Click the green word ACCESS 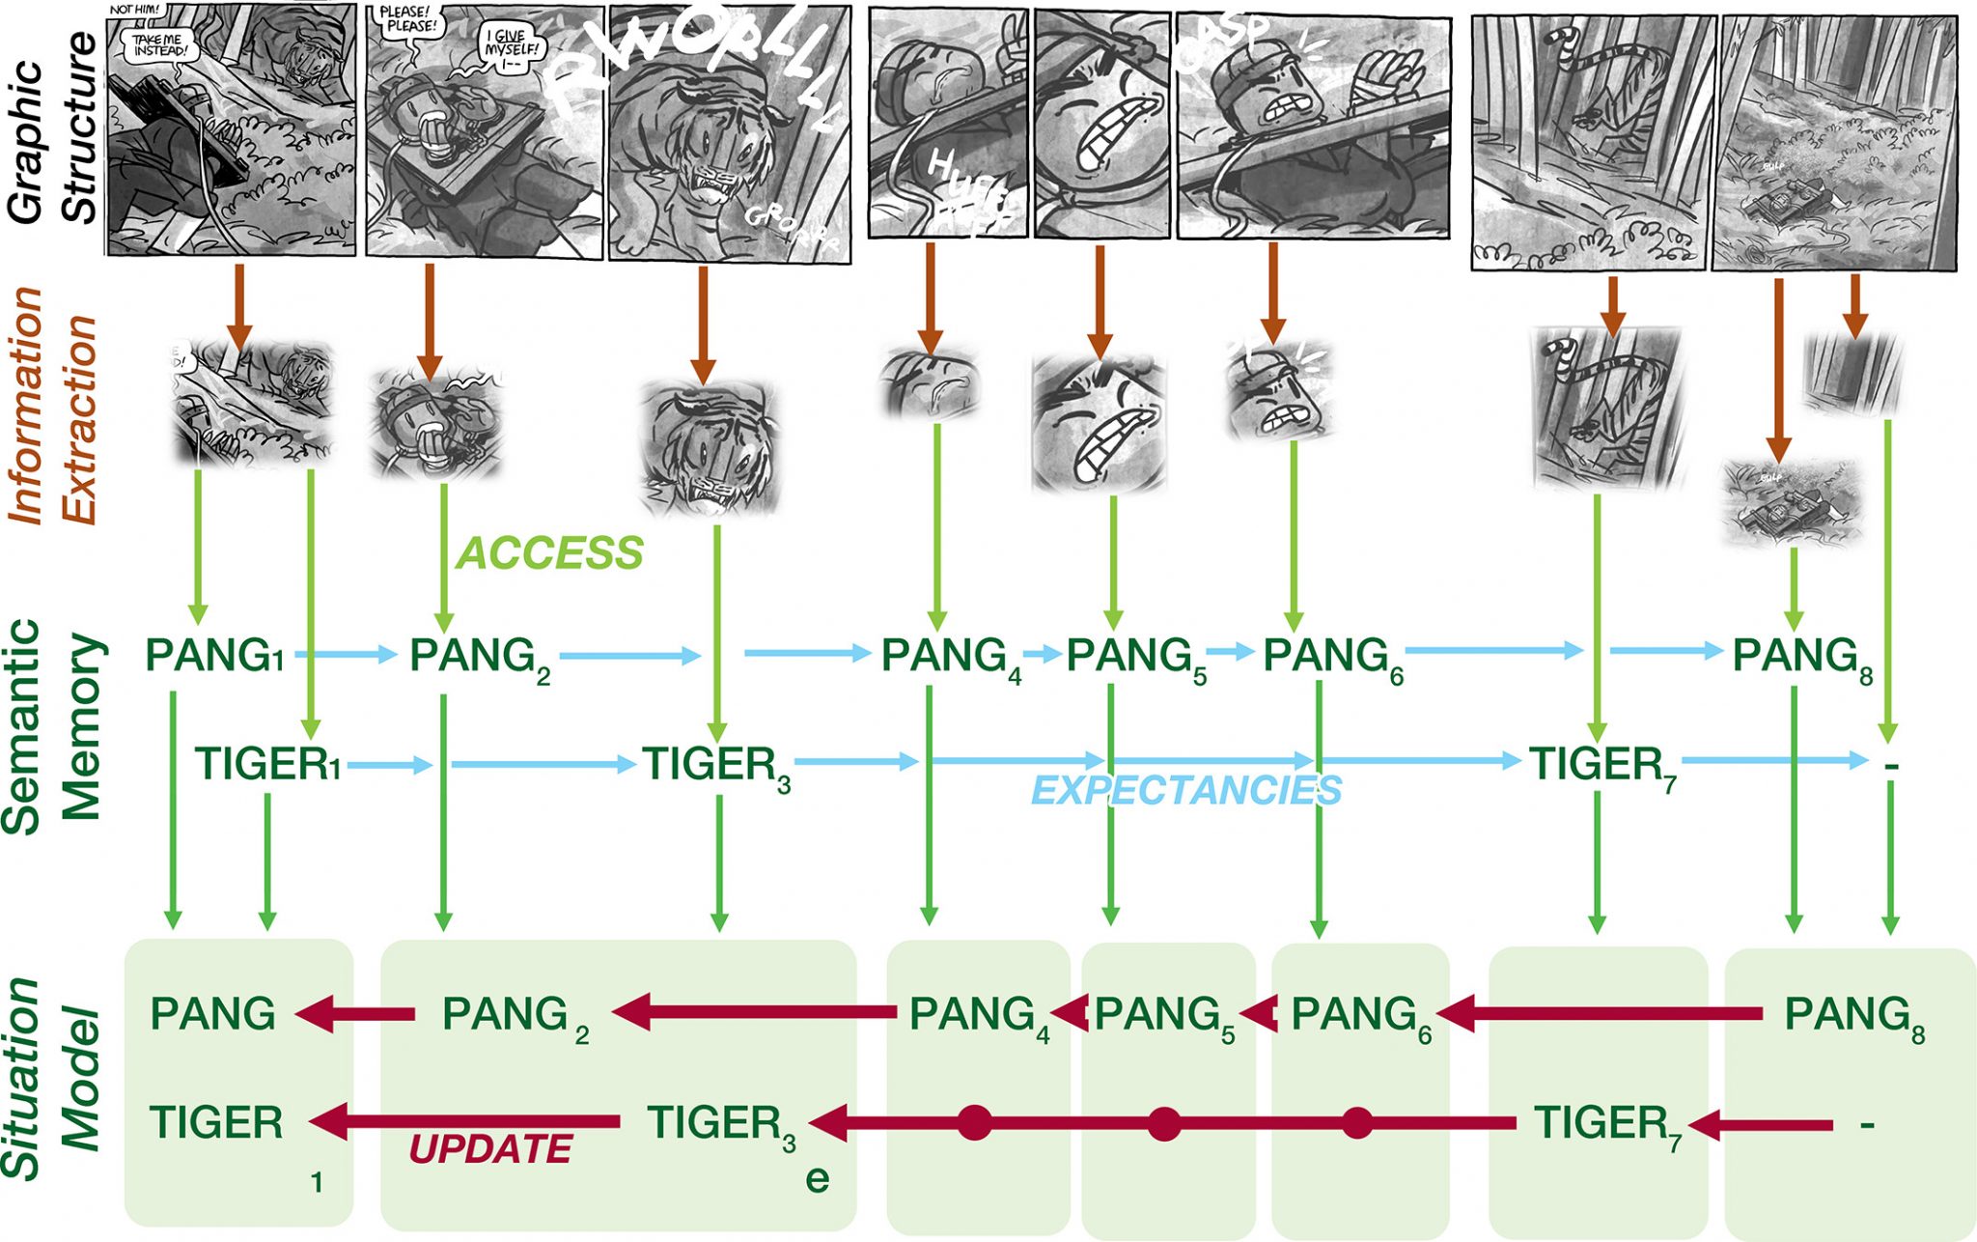[549, 553]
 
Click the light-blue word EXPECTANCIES [1186, 791]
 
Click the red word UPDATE [490, 1149]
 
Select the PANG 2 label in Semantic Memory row [478, 657]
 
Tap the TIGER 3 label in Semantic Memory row [715, 766]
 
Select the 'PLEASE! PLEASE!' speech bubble [410, 19]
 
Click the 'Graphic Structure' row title [53, 126]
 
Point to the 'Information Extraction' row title [53, 406]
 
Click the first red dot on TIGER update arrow [974, 1123]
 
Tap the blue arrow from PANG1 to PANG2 [346, 655]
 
